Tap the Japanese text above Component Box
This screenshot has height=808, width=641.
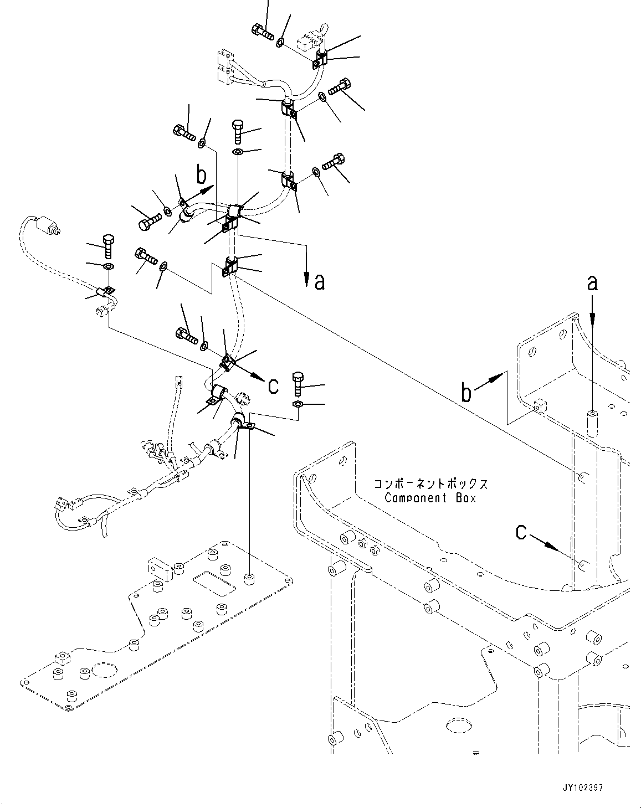click(x=430, y=483)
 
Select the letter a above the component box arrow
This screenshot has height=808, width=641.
click(x=592, y=284)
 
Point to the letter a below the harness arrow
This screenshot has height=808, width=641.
click(x=319, y=282)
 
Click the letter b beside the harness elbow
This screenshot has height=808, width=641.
click(x=202, y=176)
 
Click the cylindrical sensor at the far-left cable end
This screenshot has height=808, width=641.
click(x=47, y=227)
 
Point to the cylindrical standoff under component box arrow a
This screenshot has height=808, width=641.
click(x=592, y=424)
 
